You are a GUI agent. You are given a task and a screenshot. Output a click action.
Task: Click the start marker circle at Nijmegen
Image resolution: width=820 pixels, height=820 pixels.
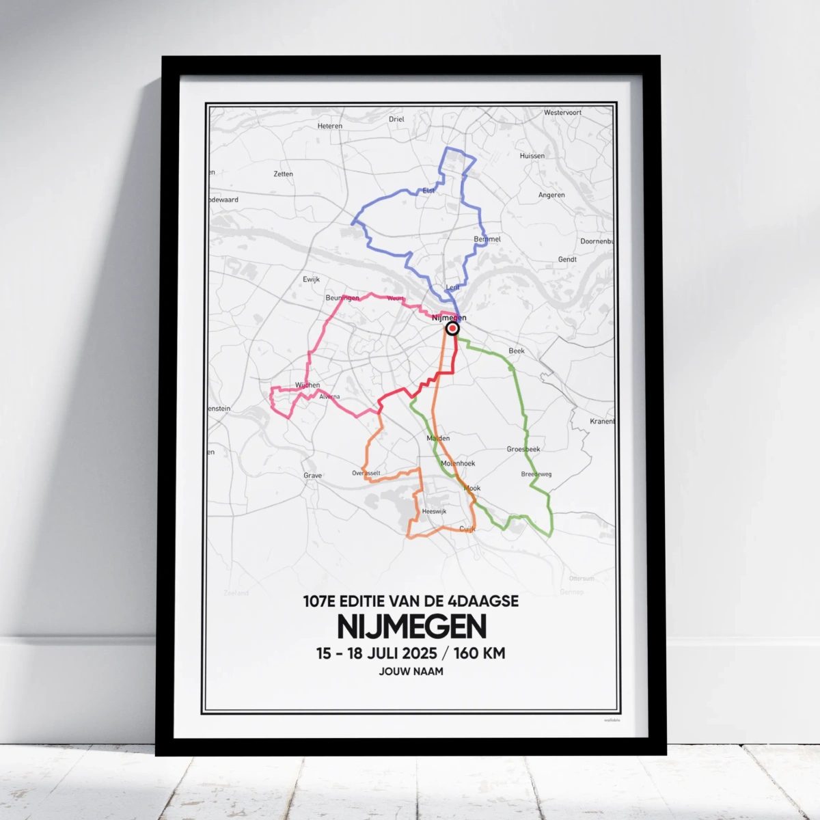(452, 329)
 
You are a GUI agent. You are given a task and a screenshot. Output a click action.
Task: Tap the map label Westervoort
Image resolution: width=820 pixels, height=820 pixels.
(562, 113)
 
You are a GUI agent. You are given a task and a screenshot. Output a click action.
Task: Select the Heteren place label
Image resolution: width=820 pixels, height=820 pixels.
(329, 126)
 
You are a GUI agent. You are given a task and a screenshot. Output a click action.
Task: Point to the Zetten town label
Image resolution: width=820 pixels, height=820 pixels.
(283, 174)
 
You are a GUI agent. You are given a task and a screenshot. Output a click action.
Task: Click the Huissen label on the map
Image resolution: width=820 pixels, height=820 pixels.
(532, 156)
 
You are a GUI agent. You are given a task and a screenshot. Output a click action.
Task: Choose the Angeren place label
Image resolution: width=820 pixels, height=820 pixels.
(551, 195)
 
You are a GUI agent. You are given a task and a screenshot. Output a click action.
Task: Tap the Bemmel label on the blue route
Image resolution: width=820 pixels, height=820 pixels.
(487, 239)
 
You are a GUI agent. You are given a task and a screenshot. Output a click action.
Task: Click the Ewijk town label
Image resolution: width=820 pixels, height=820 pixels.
(311, 279)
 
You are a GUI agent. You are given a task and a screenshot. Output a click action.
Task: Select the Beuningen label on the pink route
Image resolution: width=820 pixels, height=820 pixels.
(342, 299)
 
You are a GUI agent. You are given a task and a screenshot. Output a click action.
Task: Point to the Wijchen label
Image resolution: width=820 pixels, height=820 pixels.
(307, 385)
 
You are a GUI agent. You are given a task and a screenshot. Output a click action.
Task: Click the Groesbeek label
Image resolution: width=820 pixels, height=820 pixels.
(523, 449)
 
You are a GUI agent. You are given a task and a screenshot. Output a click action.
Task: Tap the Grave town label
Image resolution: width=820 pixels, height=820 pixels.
(312, 476)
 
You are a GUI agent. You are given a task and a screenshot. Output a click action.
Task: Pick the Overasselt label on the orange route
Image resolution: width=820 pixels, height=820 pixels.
(366, 473)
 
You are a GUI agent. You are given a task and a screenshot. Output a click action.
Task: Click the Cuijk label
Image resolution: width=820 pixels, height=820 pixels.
(467, 529)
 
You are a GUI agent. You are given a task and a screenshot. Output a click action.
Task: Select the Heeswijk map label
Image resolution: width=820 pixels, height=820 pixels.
(434, 511)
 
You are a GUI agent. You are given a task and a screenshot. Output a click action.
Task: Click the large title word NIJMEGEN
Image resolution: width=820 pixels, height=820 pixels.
(411, 627)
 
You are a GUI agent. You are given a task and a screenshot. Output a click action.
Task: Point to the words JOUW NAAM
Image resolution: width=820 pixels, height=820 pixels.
(411, 672)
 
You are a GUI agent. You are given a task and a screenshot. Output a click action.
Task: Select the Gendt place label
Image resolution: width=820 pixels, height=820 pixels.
(567, 260)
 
